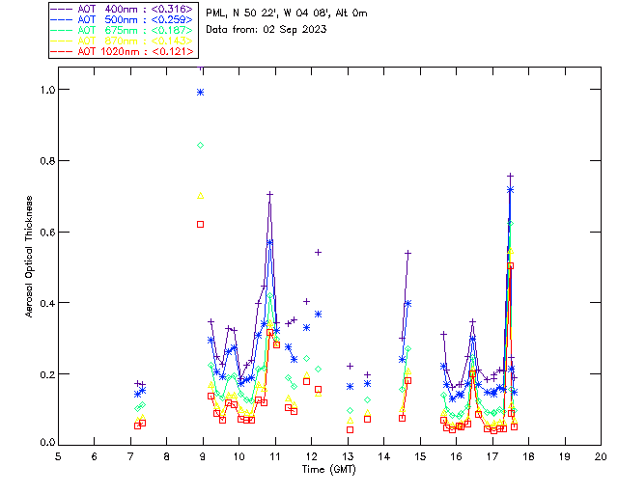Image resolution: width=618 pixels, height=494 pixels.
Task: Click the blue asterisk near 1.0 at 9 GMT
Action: tap(201, 92)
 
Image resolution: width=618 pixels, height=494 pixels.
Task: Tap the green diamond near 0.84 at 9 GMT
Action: tap(201, 145)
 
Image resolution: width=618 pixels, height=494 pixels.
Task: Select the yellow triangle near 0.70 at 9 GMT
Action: tap(201, 195)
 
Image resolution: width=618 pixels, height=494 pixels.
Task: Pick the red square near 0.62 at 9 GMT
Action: tap(201, 224)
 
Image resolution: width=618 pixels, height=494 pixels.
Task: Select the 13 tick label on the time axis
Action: tap(348, 455)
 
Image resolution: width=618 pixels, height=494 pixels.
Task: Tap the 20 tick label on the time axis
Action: tap(601, 455)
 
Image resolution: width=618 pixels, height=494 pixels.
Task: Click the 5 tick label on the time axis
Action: tap(58, 455)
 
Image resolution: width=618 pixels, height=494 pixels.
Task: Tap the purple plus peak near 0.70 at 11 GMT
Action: tap(270, 194)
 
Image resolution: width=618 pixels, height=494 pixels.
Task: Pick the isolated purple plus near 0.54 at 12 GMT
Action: tap(318, 252)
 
